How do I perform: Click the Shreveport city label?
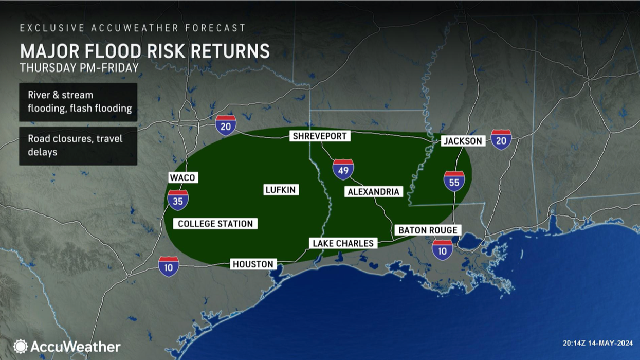[320, 136]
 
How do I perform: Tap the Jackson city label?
[463, 141]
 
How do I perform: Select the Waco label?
[182, 177]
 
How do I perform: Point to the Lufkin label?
[281, 190]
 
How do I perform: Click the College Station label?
[215, 224]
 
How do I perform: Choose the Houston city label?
[253, 264]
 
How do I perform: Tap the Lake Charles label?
[343, 243]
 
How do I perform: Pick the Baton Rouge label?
[427, 230]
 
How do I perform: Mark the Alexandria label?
[373, 192]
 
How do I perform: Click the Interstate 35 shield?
[177, 200]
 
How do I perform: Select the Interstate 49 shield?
[343, 169]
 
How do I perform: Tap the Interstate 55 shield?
[454, 181]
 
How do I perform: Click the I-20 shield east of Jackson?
[501, 139]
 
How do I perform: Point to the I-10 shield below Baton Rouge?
[443, 250]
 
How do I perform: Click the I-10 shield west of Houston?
[169, 266]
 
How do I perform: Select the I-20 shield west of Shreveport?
[226, 125]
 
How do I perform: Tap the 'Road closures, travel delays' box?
[78, 146]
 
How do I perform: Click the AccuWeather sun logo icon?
[21, 346]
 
